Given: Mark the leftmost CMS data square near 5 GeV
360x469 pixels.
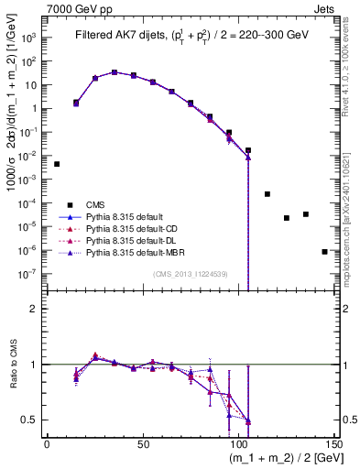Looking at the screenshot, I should [57, 164].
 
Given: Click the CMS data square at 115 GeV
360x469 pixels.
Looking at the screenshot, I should [267, 194].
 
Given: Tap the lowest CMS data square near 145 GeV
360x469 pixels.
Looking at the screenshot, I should [324, 251].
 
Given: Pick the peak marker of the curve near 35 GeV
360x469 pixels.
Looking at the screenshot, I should [115, 71].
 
